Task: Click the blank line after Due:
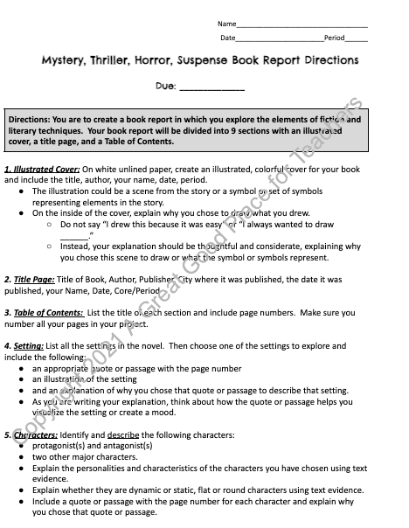tap(211, 87)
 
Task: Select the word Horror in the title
tap(164, 61)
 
